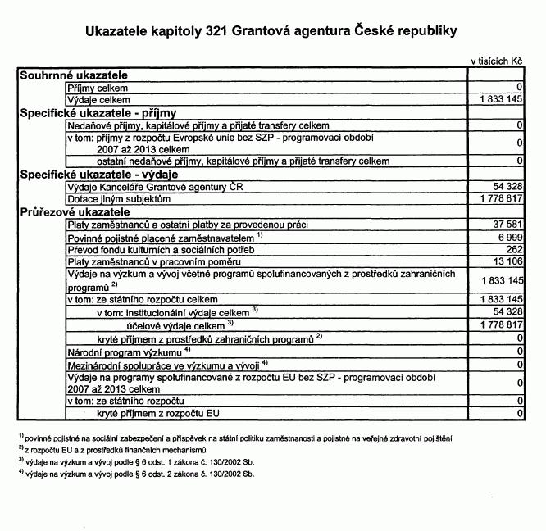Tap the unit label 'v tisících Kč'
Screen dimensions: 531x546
coord(496,61)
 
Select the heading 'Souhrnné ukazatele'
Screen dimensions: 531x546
coord(73,75)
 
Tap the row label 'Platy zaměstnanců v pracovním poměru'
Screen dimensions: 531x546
coord(148,261)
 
